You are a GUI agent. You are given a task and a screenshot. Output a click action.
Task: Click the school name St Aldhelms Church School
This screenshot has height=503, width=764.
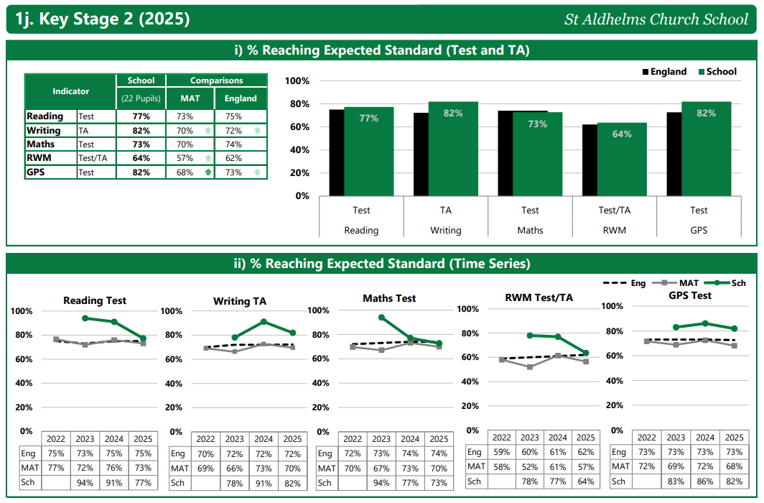(656, 19)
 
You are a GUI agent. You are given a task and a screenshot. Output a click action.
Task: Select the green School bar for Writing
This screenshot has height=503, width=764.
(453, 151)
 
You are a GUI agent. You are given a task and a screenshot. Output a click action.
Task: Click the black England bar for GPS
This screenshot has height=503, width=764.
(674, 154)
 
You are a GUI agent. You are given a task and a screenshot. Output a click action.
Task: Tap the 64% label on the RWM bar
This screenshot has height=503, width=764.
(622, 134)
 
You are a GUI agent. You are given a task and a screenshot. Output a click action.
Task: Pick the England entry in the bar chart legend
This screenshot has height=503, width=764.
(664, 72)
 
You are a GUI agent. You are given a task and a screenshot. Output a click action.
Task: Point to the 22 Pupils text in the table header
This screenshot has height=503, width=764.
(141, 98)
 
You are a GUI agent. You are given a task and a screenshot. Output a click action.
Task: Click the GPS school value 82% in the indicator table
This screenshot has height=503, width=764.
(141, 172)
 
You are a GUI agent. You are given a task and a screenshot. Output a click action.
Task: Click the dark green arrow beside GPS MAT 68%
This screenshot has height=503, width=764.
(208, 172)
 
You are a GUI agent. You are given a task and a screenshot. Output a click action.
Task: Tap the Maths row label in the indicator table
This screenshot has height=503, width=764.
(41, 144)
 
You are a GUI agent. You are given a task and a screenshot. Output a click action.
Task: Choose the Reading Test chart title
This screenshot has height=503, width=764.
(95, 300)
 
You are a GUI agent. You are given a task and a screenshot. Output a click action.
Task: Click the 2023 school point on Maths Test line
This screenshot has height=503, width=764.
(381, 318)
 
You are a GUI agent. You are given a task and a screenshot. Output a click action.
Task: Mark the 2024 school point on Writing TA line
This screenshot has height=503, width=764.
(264, 321)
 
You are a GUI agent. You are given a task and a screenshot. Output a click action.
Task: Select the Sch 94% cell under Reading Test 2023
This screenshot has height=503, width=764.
(85, 483)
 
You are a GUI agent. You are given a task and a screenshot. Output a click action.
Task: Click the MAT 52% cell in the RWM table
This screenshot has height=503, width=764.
(529, 466)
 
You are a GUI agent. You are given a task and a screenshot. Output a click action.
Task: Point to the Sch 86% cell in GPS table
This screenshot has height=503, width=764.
(704, 481)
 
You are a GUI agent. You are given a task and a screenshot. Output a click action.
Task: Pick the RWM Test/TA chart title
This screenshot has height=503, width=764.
(539, 297)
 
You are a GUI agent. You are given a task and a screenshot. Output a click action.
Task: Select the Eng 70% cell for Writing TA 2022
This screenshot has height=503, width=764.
(205, 454)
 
